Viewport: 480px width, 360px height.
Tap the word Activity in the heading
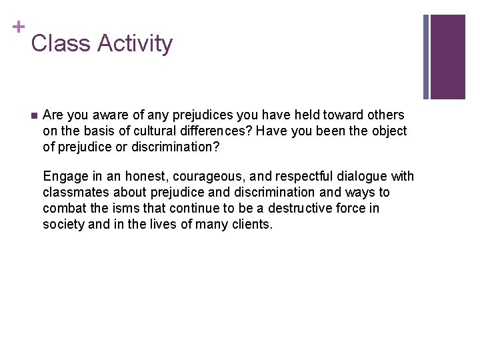(135, 44)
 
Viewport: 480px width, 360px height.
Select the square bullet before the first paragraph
(34, 115)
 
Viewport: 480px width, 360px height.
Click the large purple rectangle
(448, 57)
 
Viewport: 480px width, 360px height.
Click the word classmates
(75, 193)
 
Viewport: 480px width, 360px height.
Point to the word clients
(250, 225)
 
